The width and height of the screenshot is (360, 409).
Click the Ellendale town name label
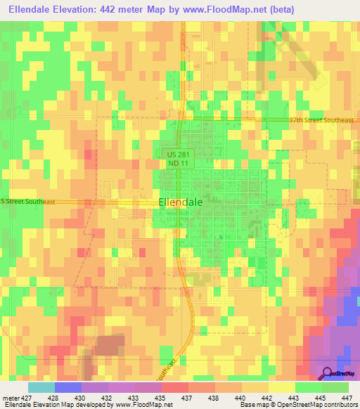(181, 201)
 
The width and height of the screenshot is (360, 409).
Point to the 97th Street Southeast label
(321, 120)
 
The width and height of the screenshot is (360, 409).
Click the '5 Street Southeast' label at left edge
(28, 202)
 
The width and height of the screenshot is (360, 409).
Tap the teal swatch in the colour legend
(41, 387)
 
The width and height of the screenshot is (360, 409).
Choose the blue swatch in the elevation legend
(68, 387)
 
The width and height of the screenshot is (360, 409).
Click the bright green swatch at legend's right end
(335, 387)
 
